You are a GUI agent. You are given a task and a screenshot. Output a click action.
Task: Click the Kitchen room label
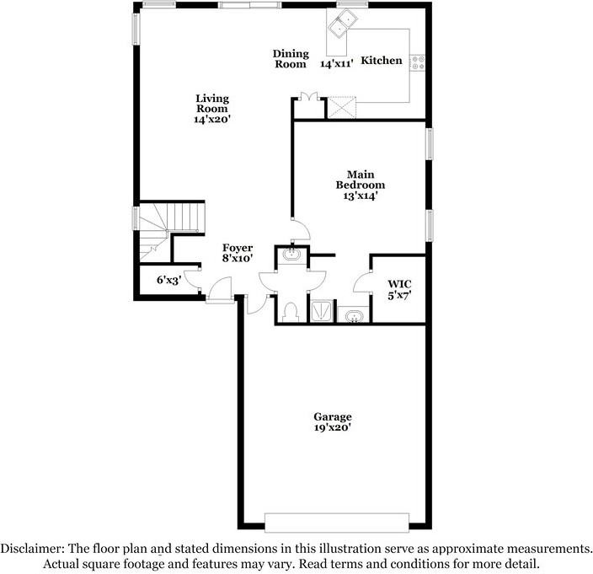tap(382, 61)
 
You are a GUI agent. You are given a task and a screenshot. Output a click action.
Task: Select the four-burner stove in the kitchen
tap(419, 62)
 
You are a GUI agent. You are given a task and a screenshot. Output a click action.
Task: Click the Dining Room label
tap(291, 59)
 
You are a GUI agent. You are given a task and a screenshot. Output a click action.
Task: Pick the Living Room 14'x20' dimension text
tap(212, 120)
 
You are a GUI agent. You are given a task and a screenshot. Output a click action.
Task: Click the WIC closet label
tap(398, 284)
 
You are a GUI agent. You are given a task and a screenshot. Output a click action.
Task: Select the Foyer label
tap(238, 248)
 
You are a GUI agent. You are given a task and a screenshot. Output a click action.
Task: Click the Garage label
tap(333, 417)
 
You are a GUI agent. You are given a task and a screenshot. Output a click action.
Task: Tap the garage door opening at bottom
tap(336, 518)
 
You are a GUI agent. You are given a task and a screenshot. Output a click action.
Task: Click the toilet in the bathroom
tap(291, 311)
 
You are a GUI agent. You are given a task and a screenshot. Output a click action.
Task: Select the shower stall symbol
tap(322, 311)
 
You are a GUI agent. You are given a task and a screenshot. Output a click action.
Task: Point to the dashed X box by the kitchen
tap(342, 108)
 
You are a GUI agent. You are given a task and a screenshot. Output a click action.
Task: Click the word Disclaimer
tap(31, 548)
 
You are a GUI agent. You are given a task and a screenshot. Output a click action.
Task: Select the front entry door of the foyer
tap(221, 296)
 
